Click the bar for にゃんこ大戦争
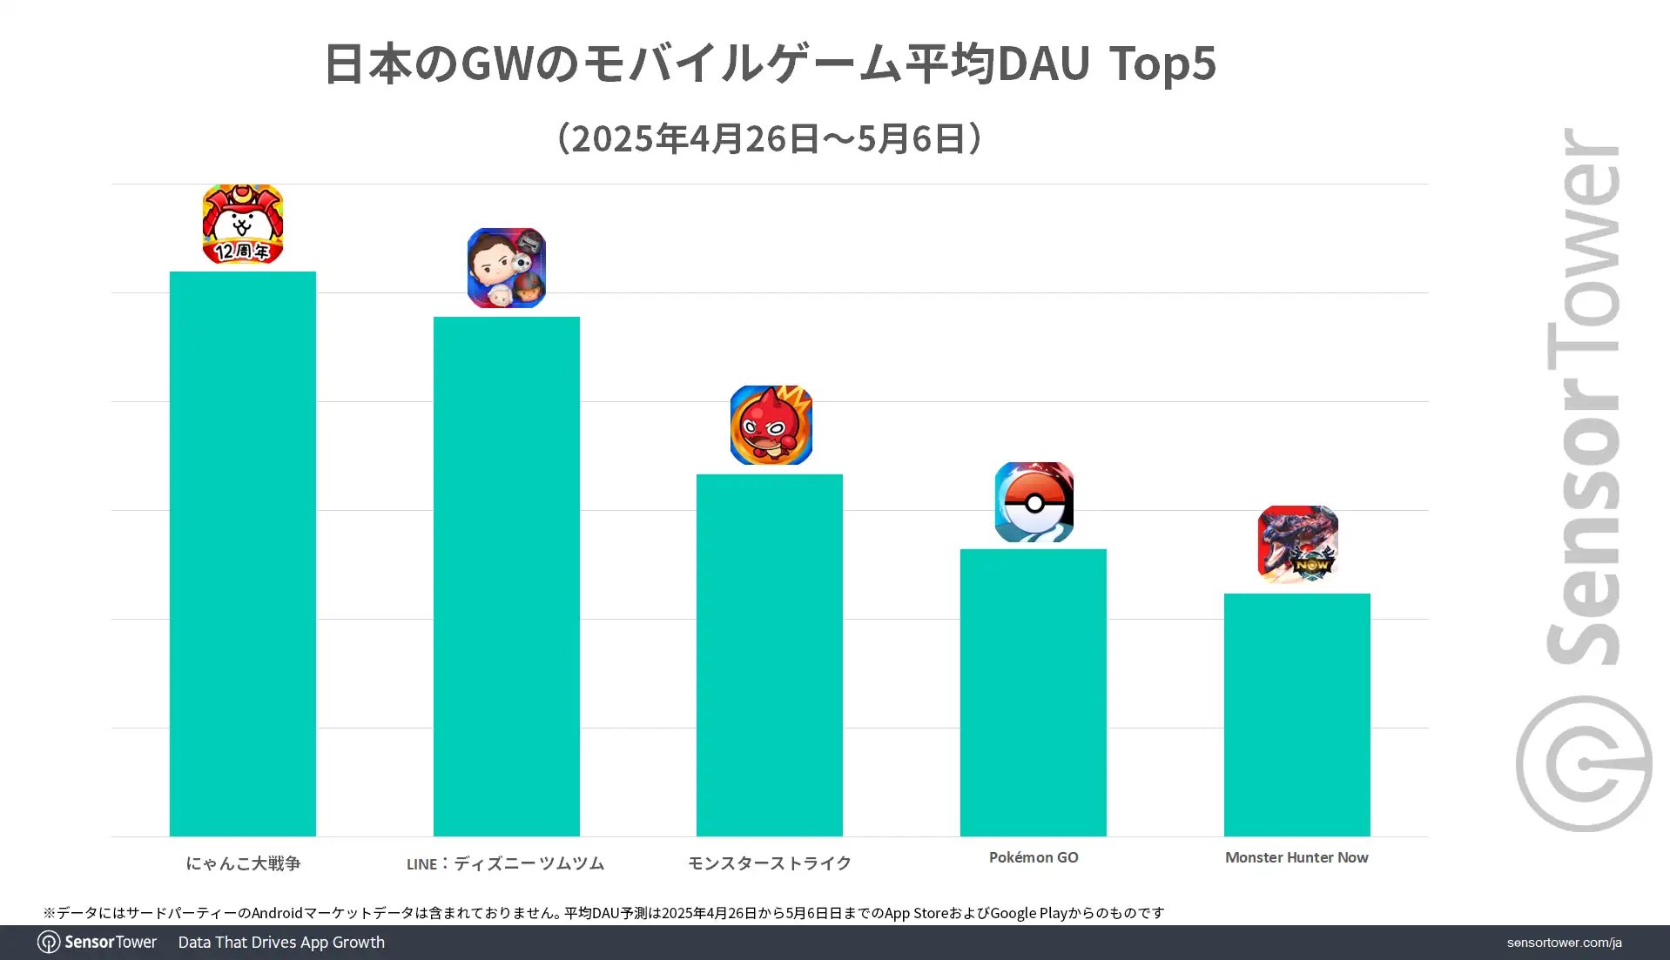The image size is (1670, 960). click(x=242, y=554)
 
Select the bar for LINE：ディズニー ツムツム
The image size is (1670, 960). click(x=506, y=576)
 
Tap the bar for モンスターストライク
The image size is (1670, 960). click(x=769, y=655)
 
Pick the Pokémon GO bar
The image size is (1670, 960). click(x=1033, y=692)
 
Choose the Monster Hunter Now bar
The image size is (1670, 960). click(x=1296, y=715)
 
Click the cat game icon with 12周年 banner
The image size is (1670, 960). click(x=242, y=224)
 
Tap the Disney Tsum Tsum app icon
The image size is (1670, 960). click(x=506, y=268)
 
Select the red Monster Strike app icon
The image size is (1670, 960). click(x=771, y=426)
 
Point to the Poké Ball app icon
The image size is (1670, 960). click(x=1034, y=502)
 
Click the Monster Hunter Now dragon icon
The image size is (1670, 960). click(x=1297, y=544)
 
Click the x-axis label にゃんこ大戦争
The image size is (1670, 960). click(x=243, y=863)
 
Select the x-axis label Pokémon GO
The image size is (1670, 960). click(x=1034, y=857)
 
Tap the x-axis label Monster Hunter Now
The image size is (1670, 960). click(x=1296, y=857)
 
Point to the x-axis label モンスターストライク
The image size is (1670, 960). click(x=770, y=863)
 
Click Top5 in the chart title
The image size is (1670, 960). click(x=1162, y=64)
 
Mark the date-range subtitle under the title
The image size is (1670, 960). click(x=770, y=138)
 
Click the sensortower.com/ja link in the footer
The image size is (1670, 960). click(x=1564, y=943)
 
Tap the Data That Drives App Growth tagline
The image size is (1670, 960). click(x=281, y=943)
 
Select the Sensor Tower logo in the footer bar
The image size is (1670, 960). click(x=98, y=943)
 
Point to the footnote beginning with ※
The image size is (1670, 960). click(x=603, y=913)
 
